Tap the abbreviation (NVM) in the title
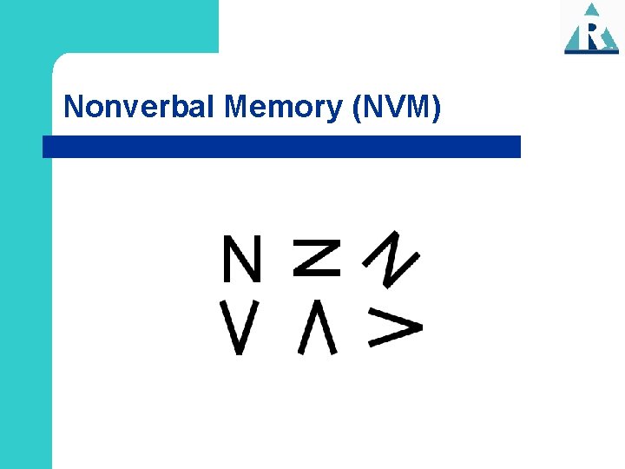click(397, 107)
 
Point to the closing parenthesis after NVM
click(437, 108)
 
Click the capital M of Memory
click(237, 107)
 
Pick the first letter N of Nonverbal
click(74, 107)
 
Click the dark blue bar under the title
click(282, 146)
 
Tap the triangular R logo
click(591, 30)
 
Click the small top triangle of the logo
click(592, 10)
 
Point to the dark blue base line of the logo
click(591, 52)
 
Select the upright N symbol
click(241, 258)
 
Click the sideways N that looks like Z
click(316, 258)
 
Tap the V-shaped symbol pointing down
click(240, 327)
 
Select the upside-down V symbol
click(316, 327)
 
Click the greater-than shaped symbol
click(395, 327)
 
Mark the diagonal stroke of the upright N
click(241, 258)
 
